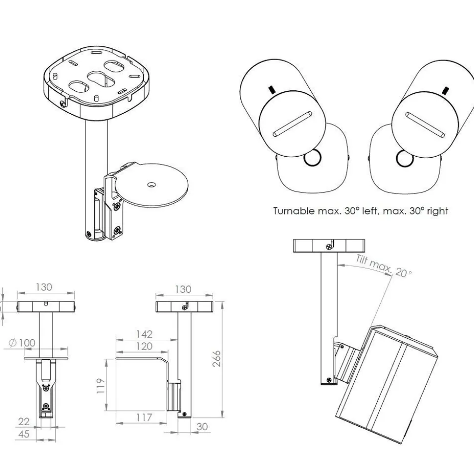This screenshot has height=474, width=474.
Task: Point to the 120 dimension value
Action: coord(144,347)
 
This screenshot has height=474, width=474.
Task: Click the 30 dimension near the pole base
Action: coord(202,426)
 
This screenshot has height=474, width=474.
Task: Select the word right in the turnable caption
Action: coord(437,211)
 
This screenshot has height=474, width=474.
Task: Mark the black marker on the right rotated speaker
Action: coord(445,90)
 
